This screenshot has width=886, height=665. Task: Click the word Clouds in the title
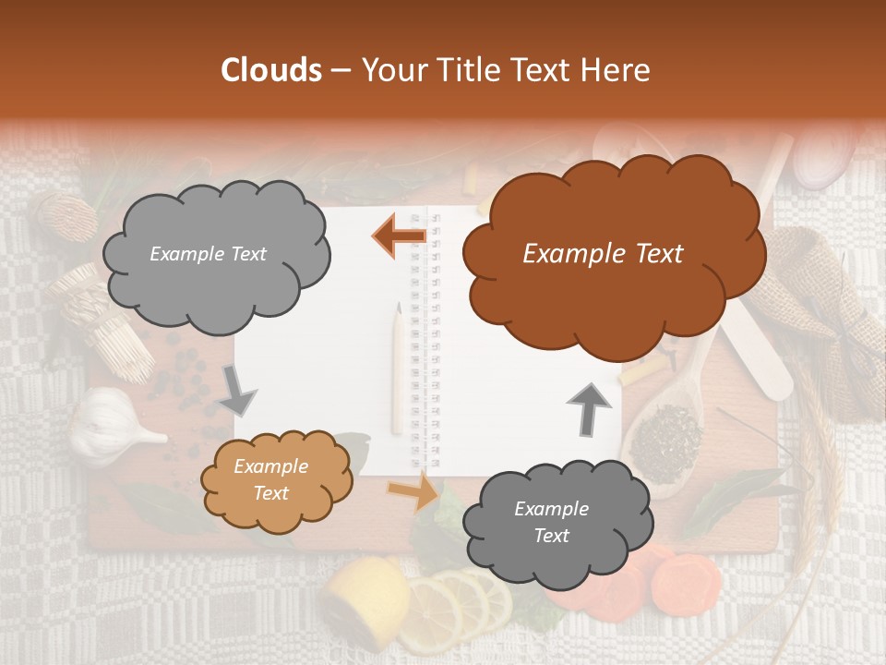coord(271,70)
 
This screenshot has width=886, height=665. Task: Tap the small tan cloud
coord(274,480)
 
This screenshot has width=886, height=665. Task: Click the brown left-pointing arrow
coord(400,235)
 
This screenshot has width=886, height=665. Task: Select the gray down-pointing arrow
coord(238,391)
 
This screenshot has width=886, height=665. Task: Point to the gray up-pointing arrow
coord(588,407)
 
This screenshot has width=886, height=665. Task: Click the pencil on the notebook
coord(398,369)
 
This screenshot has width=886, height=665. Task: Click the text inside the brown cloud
coord(603,255)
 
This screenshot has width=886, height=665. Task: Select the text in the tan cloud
coord(270,480)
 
